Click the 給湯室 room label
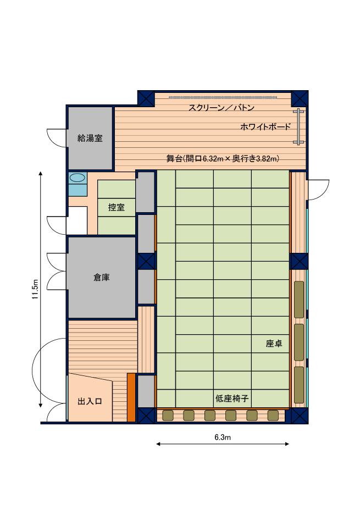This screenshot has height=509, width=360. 90,139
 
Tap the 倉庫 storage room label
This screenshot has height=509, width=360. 102,278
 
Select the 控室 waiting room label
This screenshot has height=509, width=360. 117,207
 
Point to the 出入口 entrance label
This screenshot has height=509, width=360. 90,402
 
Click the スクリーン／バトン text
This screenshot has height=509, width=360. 221,108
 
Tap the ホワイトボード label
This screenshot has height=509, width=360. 265,127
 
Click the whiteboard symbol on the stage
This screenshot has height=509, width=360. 298,126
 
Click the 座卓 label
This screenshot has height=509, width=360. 274,344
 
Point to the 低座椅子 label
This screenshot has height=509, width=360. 232,399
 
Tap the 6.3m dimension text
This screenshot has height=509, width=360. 223,437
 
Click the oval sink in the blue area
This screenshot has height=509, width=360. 77,178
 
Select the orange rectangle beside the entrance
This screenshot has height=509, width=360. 131,397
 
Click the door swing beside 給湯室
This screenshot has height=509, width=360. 57,138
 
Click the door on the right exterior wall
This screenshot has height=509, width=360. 318,190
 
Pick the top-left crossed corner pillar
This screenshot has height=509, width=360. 146,98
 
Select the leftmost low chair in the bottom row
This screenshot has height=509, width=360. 168,416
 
